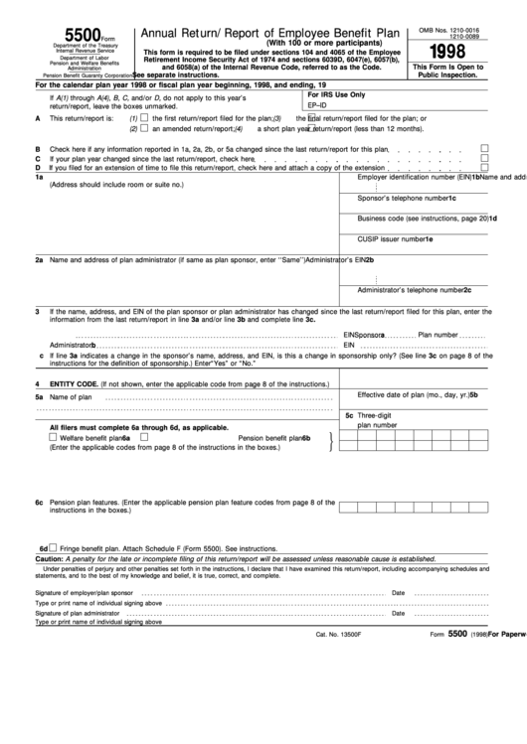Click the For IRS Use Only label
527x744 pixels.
[337, 94]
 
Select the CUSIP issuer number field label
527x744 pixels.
[395, 239]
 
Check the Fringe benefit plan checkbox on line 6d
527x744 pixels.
[54, 547]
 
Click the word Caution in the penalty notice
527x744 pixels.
[50, 559]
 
